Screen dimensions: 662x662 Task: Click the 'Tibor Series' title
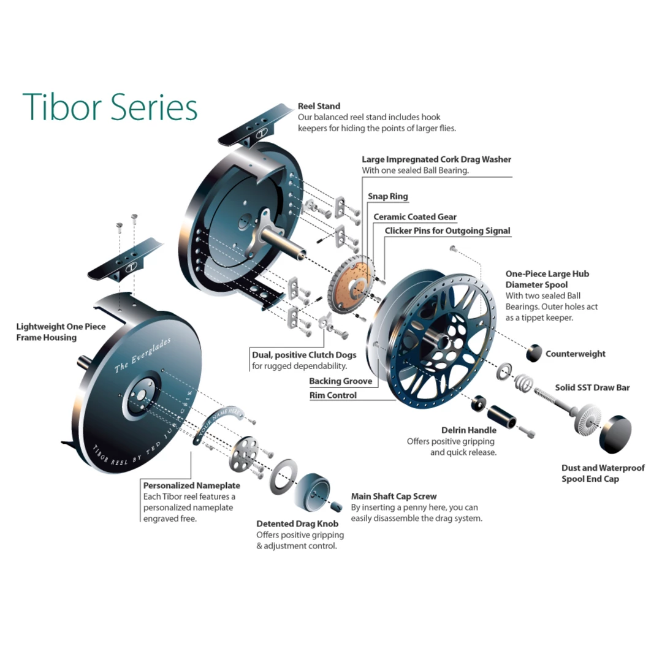(x=110, y=107)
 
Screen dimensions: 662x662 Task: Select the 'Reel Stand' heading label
(x=319, y=106)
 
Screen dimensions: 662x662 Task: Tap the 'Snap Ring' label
(x=387, y=197)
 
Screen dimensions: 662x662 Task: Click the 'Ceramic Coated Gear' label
(x=415, y=217)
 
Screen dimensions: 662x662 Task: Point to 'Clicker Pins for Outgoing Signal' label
(x=447, y=231)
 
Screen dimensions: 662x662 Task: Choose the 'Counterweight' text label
(x=575, y=354)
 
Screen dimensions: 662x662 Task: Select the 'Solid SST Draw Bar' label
(x=592, y=387)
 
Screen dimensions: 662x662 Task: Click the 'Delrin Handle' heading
(x=468, y=430)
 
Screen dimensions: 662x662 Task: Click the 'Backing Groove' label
(x=341, y=381)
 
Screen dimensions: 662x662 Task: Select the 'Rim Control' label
(x=333, y=395)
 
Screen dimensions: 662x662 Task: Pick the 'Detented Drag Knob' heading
(x=297, y=524)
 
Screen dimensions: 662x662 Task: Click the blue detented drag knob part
(x=313, y=490)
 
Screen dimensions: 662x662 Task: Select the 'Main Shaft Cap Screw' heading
(x=394, y=496)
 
